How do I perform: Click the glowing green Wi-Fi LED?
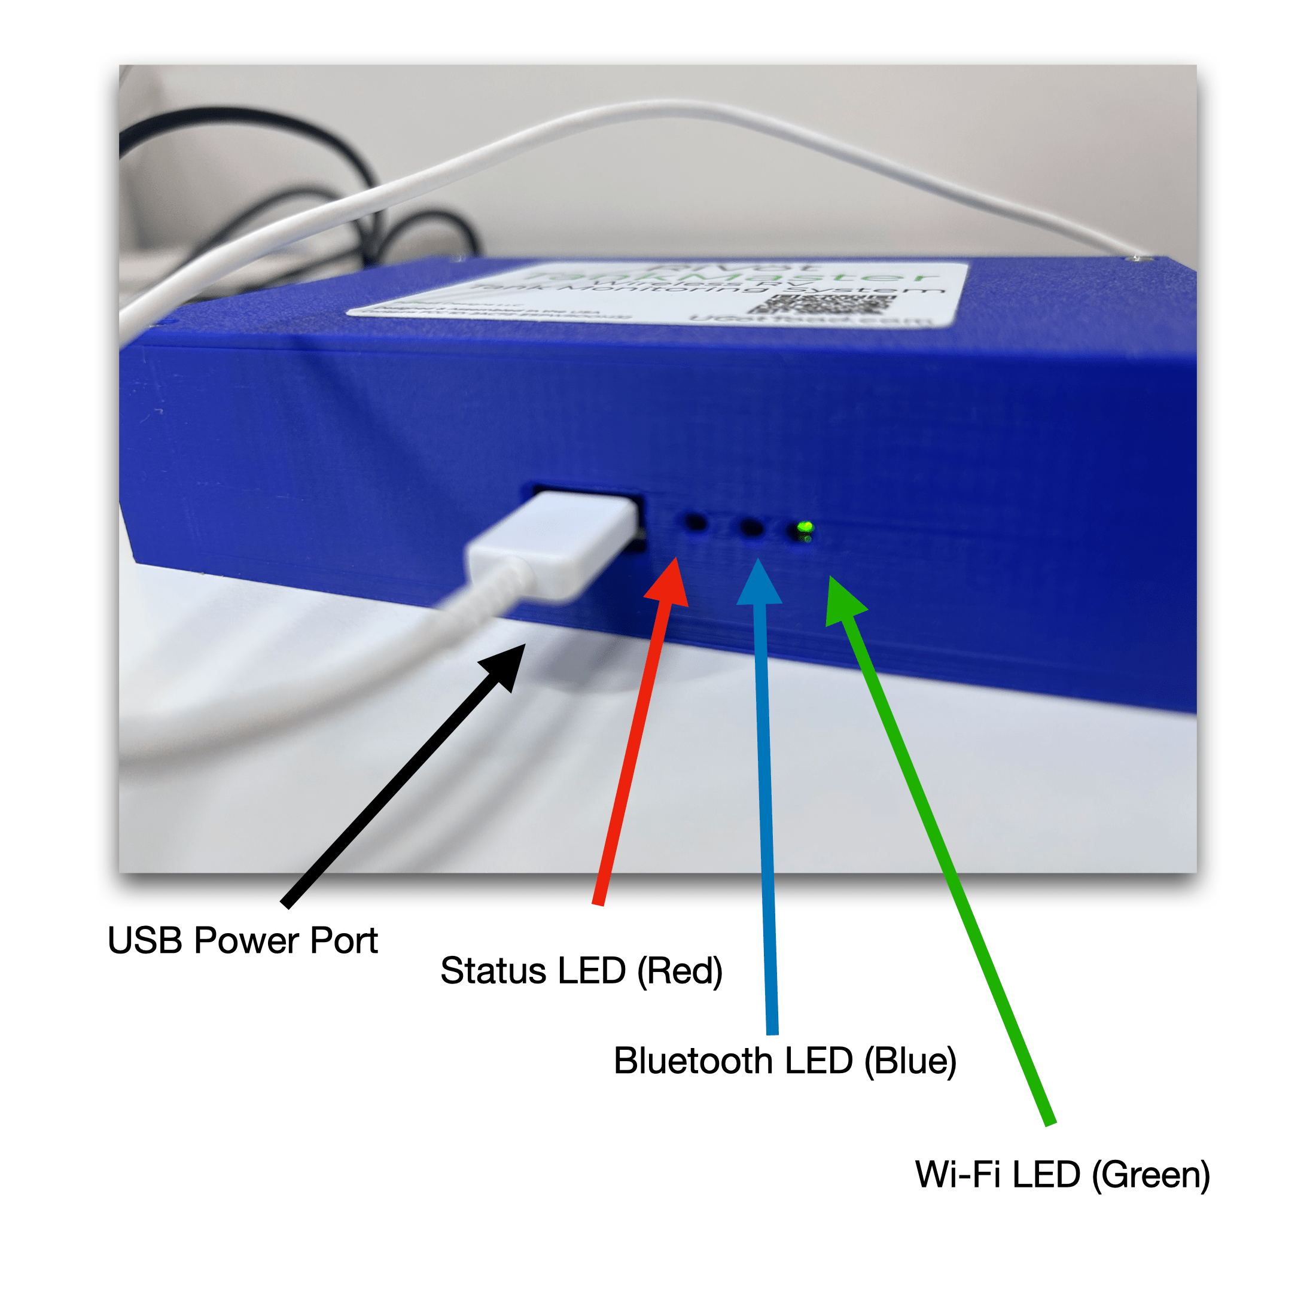click(x=805, y=527)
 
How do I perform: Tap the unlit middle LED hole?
click(x=751, y=526)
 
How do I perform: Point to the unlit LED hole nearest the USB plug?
click(x=696, y=523)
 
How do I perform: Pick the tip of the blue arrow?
click(x=757, y=561)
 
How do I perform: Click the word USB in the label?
click(x=145, y=941)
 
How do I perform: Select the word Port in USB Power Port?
click(x=343, y=941)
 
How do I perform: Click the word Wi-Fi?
click(x=958, y=1174)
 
